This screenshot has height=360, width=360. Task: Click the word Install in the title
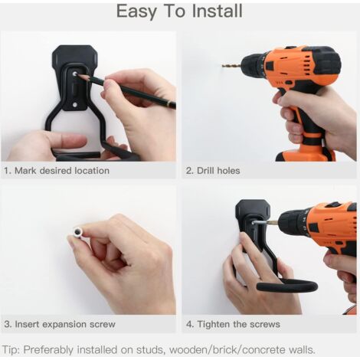pos(217,11)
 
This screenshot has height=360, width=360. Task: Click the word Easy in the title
pos(136,11)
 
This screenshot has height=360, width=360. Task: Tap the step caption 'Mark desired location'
pos(62,170)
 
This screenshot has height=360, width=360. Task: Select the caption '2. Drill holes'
pos(213,170)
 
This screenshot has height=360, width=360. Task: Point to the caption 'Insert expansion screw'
pos(65,324)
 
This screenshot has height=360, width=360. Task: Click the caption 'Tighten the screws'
pos(239,324)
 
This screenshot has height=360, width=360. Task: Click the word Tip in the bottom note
pos(11,350)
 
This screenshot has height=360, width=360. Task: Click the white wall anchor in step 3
pos(77,232)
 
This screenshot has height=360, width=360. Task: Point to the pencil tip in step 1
pos(76,74)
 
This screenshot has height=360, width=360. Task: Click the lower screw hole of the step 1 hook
pos(74,105)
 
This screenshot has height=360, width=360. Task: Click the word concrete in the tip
pos(265,349)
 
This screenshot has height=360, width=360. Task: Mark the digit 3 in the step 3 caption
pos(7,324)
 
